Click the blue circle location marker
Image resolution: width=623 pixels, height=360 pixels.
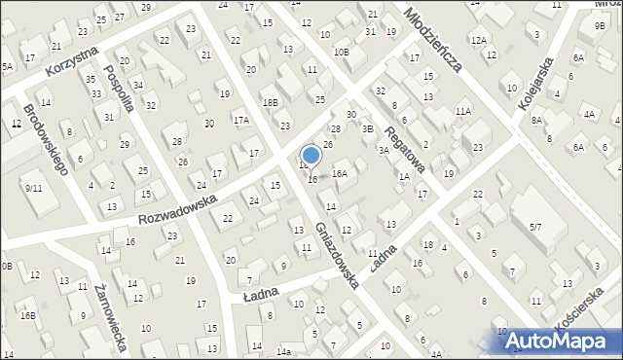tap(311, 155)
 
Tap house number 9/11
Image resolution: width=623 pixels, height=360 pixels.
tap(34, 188)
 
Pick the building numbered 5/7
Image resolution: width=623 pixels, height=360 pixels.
tap(534, 228)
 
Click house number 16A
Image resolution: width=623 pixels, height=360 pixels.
tap(340, 173)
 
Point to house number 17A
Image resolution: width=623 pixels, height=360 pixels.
tap(240, 121)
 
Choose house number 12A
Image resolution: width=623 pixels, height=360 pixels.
tap(477, 40)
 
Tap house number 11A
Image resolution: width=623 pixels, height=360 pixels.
tap(462, 112)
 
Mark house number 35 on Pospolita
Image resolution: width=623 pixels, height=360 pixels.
tap(91, 79)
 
